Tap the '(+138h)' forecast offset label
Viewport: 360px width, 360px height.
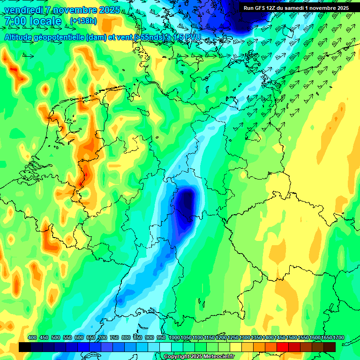tap(83, 21)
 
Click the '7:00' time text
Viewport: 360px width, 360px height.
tap(16, 22)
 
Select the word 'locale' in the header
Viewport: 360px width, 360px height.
tap(45, 22)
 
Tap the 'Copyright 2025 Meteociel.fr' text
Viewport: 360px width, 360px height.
tap(199, 357)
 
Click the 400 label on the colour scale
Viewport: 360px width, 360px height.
tap(32, 338)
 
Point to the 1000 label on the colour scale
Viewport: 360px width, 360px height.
tap(174, 338)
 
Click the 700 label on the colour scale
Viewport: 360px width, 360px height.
tap(103, 338)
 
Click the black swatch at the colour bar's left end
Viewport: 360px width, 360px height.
tap(25, 347)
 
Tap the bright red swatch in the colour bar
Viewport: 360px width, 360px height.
tap(283, 347)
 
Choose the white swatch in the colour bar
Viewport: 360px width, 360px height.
tap(165, 347)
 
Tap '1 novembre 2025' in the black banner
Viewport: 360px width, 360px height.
tap(323, 8)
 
